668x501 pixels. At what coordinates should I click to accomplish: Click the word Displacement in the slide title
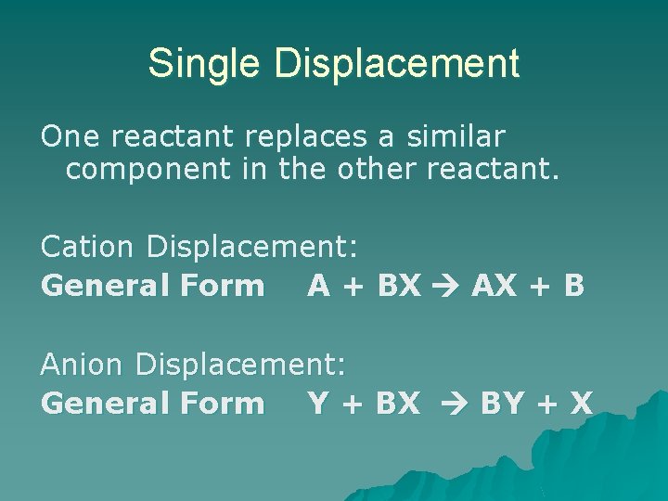coord(397,63)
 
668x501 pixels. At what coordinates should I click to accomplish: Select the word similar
coord(455,137)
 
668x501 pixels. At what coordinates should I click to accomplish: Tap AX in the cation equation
coord(495,285)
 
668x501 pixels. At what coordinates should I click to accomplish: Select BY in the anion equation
coord(504,403)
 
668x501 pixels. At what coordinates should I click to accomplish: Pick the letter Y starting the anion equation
coord(317,403)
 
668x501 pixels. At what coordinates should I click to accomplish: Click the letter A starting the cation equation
coord(318,285)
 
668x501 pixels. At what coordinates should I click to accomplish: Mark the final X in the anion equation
coord(582,403)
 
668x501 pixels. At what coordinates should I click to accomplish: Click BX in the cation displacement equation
coord(399,285)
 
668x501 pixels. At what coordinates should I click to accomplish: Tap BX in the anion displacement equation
coord(399,403)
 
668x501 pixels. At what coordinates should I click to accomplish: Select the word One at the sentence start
coord(71,137)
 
